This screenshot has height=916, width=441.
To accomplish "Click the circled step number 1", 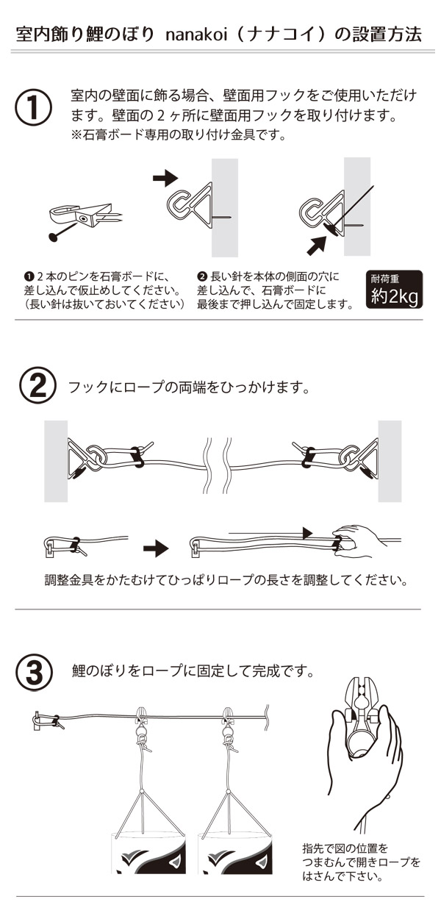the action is tap(34, 107).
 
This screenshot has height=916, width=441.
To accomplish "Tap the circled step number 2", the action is tap(37, 386).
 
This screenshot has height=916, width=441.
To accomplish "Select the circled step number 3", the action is tap(34, 672).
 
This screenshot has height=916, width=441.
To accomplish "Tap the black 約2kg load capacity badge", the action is tap(394, 290).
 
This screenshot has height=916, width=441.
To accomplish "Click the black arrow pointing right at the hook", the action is tap(165, 178).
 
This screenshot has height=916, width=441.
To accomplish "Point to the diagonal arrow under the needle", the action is tap(317, 246).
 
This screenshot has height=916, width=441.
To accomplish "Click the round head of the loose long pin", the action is tap(53, 237).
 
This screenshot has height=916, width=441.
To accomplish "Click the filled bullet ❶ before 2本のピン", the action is tap(29, 277).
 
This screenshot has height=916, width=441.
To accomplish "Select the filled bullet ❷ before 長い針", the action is tap(202, 277).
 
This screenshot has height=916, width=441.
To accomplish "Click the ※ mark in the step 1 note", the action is tap(76, 135).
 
